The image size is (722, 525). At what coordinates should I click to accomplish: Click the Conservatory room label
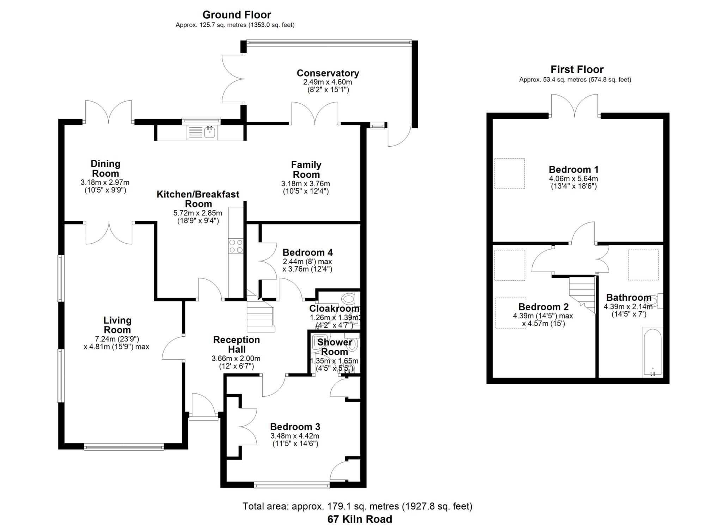click(x=328, y=73)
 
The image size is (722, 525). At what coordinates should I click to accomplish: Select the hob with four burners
click(x=236, y=246)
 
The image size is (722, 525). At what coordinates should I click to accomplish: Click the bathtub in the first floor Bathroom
click(x=652, y=353)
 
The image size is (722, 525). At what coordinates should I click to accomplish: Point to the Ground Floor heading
click(x=237, y=15)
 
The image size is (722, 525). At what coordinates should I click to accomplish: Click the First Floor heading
click(x=577, y=69)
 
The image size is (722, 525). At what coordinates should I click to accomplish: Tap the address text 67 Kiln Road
click(x=359, y=519)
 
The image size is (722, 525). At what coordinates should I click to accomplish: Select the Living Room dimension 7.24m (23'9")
click(x=117, y=339)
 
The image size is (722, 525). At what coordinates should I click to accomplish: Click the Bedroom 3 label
click(x=295, y=427)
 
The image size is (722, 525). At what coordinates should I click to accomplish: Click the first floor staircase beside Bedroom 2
click(x=582, y=293)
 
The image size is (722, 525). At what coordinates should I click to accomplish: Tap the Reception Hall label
click(x=236, y=344)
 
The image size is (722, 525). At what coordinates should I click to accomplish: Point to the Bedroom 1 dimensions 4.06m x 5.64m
click(x=573, y=179)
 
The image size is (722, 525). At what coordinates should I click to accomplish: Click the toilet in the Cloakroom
click(x=349, y=299)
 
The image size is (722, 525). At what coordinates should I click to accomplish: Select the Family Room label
click(x=306, y=170)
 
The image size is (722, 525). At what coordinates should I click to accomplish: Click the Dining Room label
click(x=105, y=169)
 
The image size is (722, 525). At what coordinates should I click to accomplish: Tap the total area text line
click(x=357, y=506)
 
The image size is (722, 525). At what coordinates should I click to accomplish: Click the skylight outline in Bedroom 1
click(x=509, y=173)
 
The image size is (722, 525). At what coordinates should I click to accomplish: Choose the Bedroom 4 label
click(x=307, y=252)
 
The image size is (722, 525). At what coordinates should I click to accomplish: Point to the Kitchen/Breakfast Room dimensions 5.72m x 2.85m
click(x=197, y=213)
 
